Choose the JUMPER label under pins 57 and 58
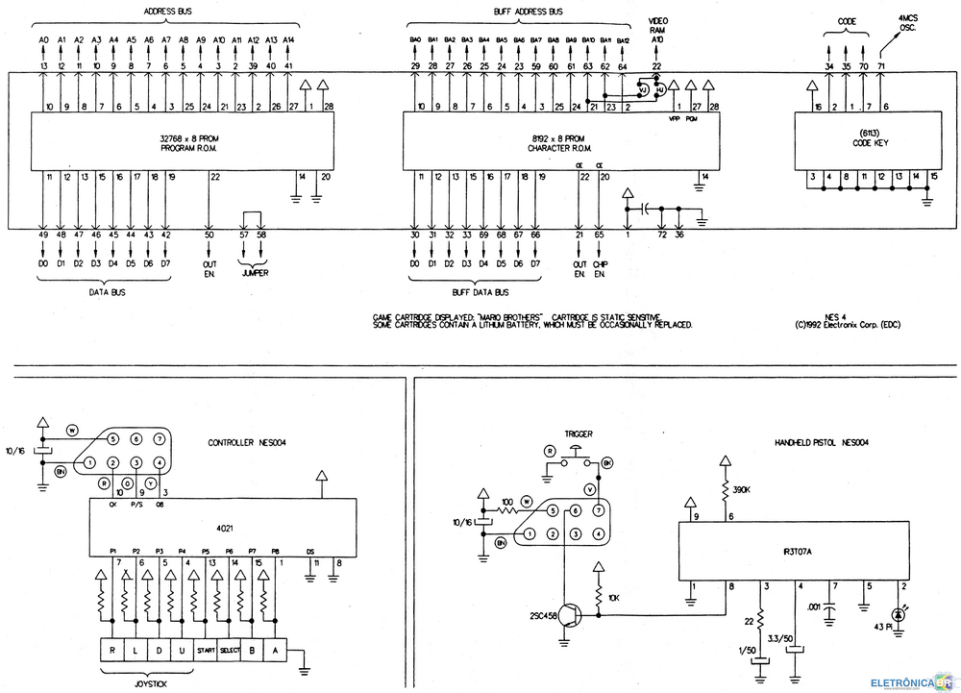(x=255, y=273)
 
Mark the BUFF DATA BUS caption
(x=480, y=291)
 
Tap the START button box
(x=205, y=651)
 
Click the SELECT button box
(x=229, y=651)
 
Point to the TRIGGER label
(x=578, y=433)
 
